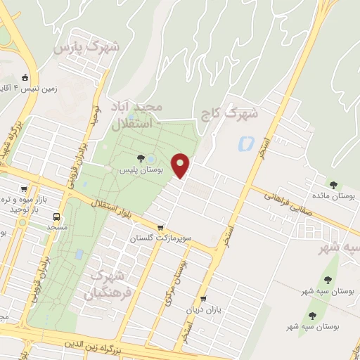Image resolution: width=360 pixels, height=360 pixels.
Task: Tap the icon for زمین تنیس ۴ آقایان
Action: click(x=25, y=77)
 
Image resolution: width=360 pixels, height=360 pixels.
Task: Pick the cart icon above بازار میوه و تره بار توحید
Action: click(x=26, y=189)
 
